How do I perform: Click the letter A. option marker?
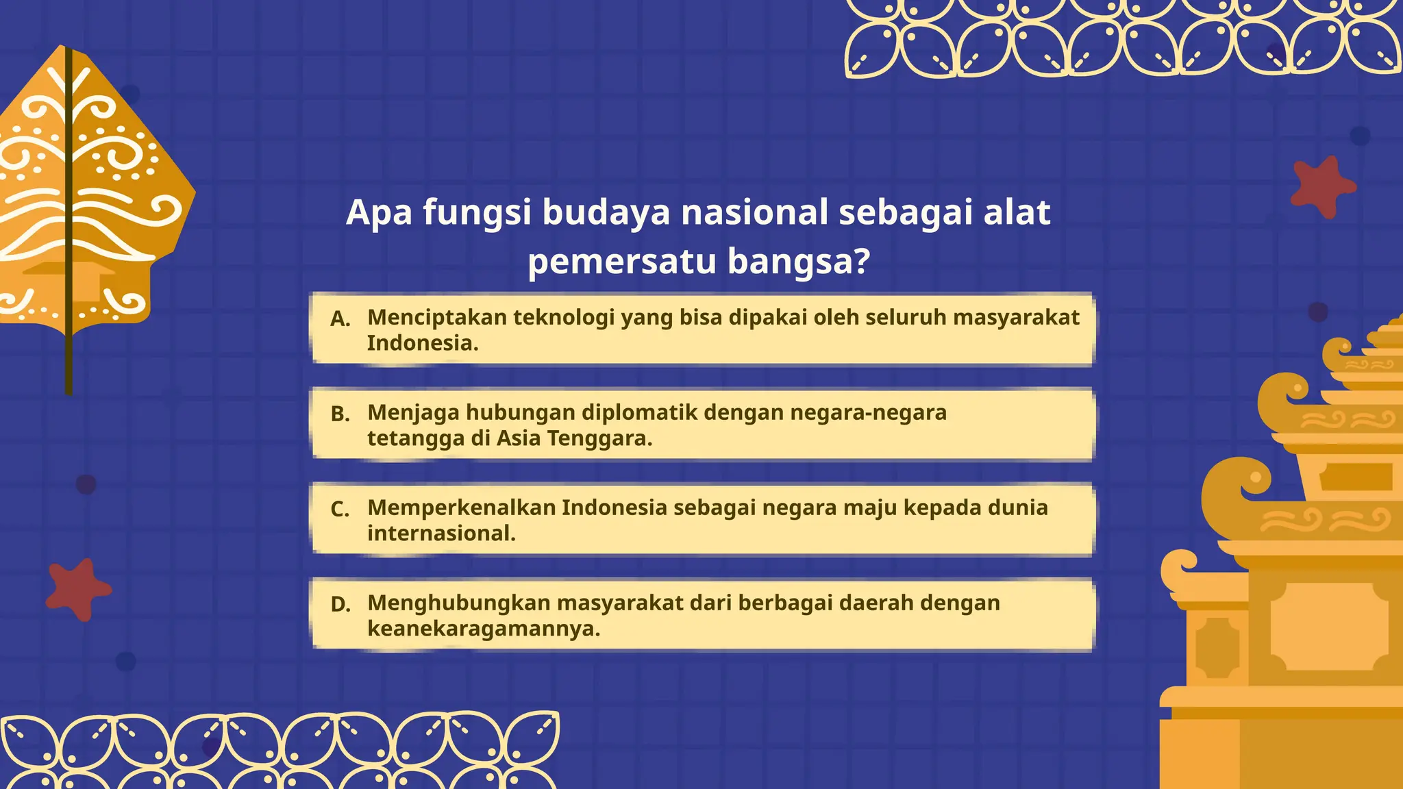click(x=340, y=319)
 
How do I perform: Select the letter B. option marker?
click(x=340, y=414)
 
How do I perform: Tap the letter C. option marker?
click(x=340, y=510)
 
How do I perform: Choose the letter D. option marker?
click(x=340, y=605)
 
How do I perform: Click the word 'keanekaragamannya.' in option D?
click(x=484, y=629)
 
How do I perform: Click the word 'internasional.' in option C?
click(x=441, y=534)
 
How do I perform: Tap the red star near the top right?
click(x=1321, y=186)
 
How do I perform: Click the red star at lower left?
click(x=77, y=589)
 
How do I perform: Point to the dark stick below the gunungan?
click(x=69, y=363)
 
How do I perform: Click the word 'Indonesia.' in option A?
click(x=422, y=343)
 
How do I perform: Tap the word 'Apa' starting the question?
click(x=379, y=212)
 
